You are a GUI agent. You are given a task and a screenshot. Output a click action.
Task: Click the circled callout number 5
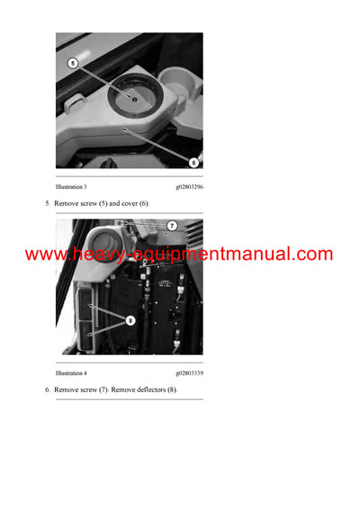click(74, 64)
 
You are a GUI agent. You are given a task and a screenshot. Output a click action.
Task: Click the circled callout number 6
click(193, 162)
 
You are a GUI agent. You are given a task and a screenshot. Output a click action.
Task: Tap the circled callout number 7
click(171, 226)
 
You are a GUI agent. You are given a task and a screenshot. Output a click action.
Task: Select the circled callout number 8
click(130, 317)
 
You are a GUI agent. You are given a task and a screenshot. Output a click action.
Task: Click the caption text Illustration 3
click(71, 186)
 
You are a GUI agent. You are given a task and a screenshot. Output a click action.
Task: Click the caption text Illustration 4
click(71, 372)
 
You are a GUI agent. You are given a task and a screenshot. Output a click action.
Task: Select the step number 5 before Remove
click(48, 203)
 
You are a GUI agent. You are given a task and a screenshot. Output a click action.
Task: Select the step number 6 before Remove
click(48, 389)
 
